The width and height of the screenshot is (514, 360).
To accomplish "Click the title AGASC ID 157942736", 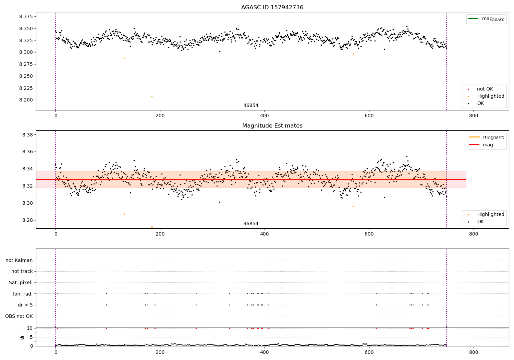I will pyautogui.click(x=272, y=8).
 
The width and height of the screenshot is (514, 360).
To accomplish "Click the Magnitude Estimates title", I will pyautogui.click(x=272, y=126).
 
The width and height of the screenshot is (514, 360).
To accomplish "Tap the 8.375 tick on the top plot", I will pyautogui.click(x=26, y=17).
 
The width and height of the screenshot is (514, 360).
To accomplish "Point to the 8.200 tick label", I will pyautogui.click(x=26, y=100).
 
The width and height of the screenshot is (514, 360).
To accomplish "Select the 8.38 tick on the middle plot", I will pyautogui.click(x=27, y=135).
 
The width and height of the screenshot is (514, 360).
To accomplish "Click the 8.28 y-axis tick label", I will pyautogui.click(x=27, y=220).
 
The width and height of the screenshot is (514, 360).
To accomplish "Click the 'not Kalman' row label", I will pyautogui.click(x=19, y=261).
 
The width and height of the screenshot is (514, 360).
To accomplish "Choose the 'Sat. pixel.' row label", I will pyautogui.click(x=21, y=283).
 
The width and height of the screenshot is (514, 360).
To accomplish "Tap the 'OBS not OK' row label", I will pyautogui.click(x=19, y=316).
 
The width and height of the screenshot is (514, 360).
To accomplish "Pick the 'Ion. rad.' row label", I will pyautogui.click(x=23, y=294).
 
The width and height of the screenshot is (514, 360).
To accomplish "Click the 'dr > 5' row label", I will pyautogui.click(x=25, y=305).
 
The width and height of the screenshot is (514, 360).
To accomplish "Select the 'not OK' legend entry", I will pyautogui.click(x=485, y=89).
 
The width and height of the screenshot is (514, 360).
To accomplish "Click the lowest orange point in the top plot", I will pyautogui.click(x=152, y=96).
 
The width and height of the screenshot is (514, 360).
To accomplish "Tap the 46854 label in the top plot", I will pyautogui.click(x=251, y=106).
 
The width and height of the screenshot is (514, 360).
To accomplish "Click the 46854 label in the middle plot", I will pyautogui.click(x=251, y=224).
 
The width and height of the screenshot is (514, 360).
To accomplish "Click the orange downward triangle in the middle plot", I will pyautogui.click(x=152, y=227).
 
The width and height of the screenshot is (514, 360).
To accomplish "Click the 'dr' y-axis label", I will pyautogui.click(x=22, y=337).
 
